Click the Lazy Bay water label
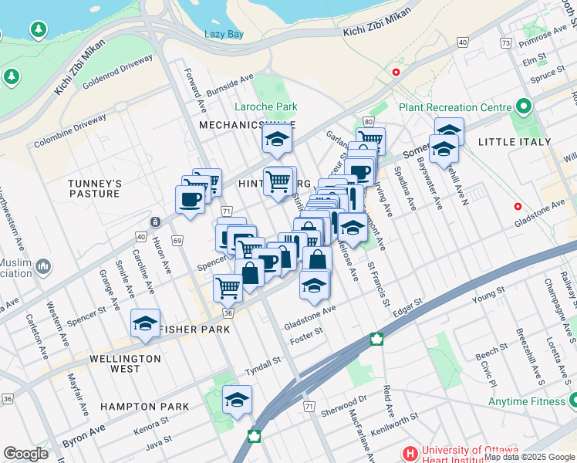point(224,34)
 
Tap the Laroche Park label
point(267,106)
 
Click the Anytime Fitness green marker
point(572,400)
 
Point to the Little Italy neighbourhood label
point(515,142)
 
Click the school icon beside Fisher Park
point(144,325)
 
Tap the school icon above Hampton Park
point(238,399)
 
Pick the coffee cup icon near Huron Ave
point(190,200)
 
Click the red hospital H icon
point(410,453)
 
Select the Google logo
point(25,454)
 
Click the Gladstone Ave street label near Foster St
point(310,310)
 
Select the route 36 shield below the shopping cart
point(228,313)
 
